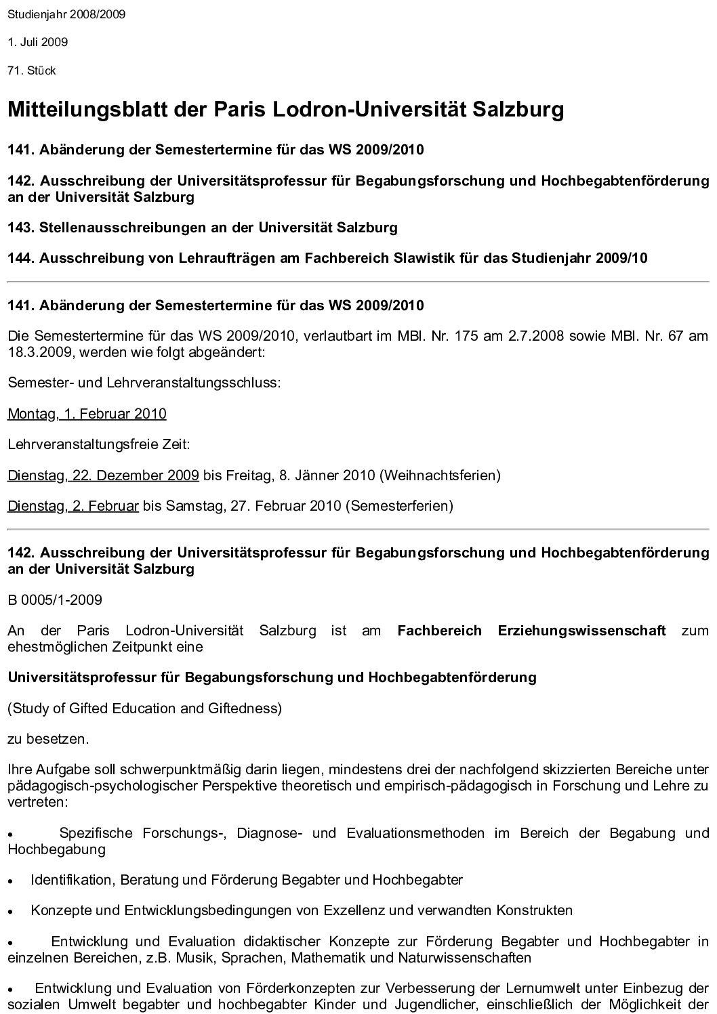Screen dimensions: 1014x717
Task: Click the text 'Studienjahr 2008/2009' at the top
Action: pyautogui.click(x=66, y=14)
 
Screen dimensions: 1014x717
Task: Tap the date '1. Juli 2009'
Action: pyautogui.click(x=38, y=42)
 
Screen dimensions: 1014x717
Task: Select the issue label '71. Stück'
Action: pyautogui.click(x=32, y=70)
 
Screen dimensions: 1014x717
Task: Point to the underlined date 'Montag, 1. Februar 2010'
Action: pyautogui.click(x=87, y=414)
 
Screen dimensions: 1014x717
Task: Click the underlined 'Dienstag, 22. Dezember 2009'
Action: pyautogui.click(x=103, y=475)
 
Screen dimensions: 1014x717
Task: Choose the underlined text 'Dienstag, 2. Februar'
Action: pyautogui.click(x=73, y=505)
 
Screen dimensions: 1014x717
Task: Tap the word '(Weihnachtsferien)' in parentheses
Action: pyautogui.click(x=440, y=475)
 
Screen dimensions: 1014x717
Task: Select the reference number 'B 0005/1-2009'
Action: pyautogui.click(x=55, y=599)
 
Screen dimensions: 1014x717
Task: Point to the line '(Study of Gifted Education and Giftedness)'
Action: pyautogui.click(x=144, y=708)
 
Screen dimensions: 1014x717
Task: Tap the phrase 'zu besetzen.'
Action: pyautogui.click(x=48, y=738)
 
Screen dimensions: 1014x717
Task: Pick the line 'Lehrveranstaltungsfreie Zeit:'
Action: pyautogui.click(x=99, y=444)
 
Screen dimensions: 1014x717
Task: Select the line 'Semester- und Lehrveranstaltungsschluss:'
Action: pyautogui.click(x=144, y=383)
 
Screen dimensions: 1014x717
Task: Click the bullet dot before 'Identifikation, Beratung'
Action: pyautogui.click(x=11, y=881)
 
